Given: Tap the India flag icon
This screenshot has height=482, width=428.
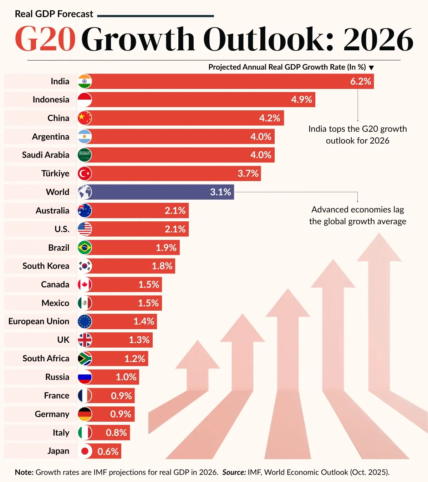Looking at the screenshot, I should [x=85, y=81].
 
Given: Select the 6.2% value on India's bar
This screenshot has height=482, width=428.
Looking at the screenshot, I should [x=361, y=81].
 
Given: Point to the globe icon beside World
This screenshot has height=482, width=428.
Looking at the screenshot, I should [x=85, y=192].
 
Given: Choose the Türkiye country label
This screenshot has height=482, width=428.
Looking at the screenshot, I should [x=55, y=174].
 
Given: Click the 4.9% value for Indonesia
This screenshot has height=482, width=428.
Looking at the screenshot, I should [x=301, y=100].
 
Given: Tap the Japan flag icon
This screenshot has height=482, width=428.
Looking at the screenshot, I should [x=85, y=451].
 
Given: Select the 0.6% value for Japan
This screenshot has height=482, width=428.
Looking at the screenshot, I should [x=108, y=451].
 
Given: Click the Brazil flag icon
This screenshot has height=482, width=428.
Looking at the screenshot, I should [x=85, y=247].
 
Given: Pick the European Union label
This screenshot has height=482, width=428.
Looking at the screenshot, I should [x=39, y=321].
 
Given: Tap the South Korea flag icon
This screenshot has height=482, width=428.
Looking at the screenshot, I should [x=85, y=266].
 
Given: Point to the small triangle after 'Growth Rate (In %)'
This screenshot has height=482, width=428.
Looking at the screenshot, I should [x=371, y=67].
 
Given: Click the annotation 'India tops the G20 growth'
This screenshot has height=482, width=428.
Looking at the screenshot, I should [x=357, y=129].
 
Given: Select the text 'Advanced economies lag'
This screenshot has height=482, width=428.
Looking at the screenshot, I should [x=357, y=210].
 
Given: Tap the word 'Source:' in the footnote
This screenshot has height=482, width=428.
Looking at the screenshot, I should [x=234, y=472].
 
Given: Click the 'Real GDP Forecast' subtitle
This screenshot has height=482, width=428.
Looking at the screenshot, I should [x=54, y=14].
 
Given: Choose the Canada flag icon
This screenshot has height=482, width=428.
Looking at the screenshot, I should [x=85, y=285].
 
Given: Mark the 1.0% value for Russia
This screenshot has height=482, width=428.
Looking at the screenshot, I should [x=126, y=377].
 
